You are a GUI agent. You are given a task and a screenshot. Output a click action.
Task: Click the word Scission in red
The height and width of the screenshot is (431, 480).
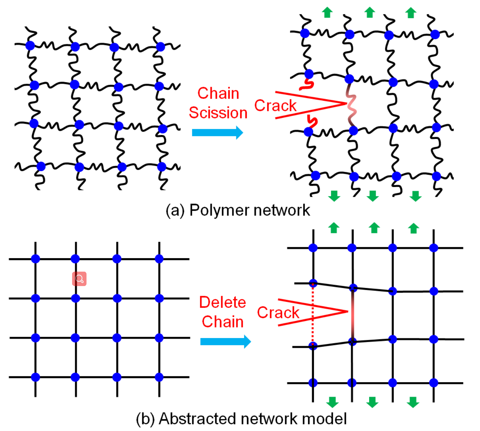pyautogui.click(x=218, y=113)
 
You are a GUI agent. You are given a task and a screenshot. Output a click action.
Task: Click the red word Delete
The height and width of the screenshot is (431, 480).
pyautogui.click(x=222, y=302)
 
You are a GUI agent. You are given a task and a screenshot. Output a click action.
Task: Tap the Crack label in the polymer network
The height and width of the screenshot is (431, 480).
pyautogui.click(x=275, y=106)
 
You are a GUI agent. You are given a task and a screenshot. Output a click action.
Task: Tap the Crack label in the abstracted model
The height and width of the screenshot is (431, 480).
pyautogui.click(x=278, y=313)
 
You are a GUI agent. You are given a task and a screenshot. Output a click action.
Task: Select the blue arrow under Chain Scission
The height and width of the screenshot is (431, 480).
pyautogui.click(x=217, y=132)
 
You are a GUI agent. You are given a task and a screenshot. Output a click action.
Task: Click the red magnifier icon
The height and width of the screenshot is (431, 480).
pyautogui.click(x=79, y=279)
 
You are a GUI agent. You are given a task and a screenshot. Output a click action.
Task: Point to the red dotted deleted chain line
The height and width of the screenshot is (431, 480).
pyautogui.click(x=313, y=314)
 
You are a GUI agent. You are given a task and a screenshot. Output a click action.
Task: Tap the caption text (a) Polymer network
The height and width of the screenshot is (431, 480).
pyautogui.click(x=238, y=210)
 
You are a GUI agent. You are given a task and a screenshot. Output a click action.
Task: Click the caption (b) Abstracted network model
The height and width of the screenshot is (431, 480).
pyautogui.click(x=241, y=419)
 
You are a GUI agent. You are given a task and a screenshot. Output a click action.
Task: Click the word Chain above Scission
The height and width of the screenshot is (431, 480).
pyautogui.click(x=218, y=93)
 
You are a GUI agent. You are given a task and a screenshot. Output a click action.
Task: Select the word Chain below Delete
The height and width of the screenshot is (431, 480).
pyautogui.click(x=222, y=322)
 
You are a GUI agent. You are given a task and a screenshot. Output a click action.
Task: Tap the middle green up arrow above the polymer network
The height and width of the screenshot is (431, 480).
pyautogui.click(x=369, y=13)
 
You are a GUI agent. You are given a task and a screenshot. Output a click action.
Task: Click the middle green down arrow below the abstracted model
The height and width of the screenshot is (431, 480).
pyautogui.click(x=372, y=402)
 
